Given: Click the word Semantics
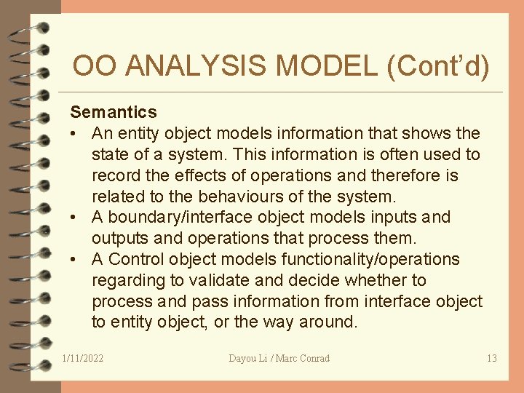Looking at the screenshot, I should click(113, 112).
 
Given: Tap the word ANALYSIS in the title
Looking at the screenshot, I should click(198, 67).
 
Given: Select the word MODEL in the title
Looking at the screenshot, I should click(325, 67).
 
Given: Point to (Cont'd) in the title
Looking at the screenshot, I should click(439, 67).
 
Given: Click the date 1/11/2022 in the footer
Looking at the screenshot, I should click(83, 358).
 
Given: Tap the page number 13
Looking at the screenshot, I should click(491, 358).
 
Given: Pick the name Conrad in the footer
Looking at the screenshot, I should click(313, 358).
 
